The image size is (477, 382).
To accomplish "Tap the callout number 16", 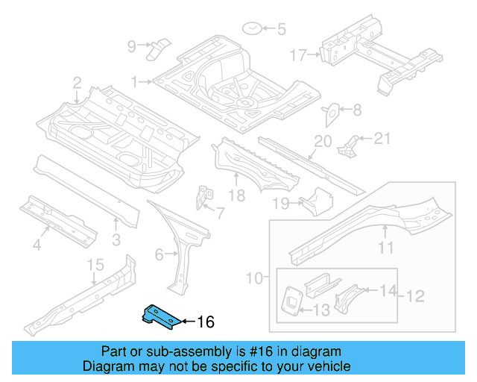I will [x=205, y=322].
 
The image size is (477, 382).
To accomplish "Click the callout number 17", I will [x=298, y=54].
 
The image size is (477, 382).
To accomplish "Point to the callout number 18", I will [x=236, y=195].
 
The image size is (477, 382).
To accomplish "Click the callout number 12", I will [x=414, y=296].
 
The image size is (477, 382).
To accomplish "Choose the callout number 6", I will [x=159, y=255].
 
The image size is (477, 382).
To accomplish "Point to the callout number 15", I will [x=95, y=265].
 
